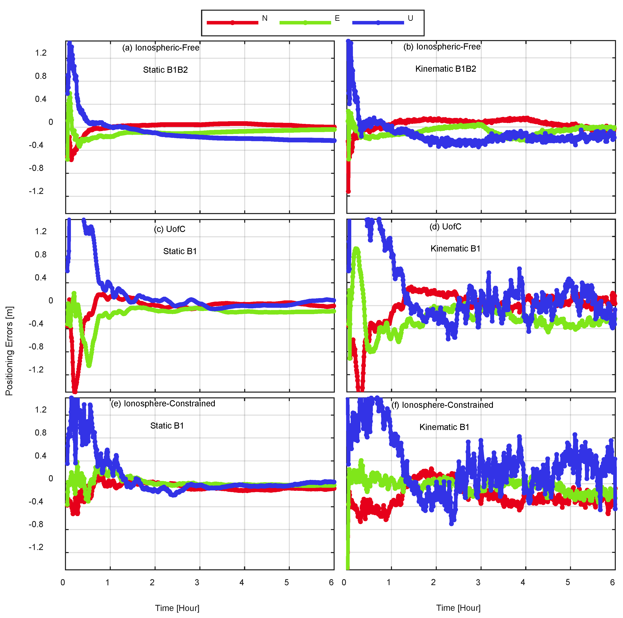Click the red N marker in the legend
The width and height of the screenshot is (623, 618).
tap(232, 23)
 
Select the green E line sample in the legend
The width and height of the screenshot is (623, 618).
tap(305, 23)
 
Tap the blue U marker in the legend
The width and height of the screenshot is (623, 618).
tap(378, 23)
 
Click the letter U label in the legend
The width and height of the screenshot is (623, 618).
tap(410, 18)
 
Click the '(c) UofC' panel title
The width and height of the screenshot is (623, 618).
tap(169, 229)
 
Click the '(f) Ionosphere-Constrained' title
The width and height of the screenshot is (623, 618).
tap(442, 405)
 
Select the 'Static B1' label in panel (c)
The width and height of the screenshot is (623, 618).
tap(180, 251)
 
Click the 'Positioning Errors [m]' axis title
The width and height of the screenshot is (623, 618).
tap(9, 351)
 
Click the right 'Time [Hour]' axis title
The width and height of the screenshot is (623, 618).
tap(458, 608)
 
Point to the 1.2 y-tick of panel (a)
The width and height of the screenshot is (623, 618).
tap(41, 53)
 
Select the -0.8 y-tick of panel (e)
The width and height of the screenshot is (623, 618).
tap(36, 525)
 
